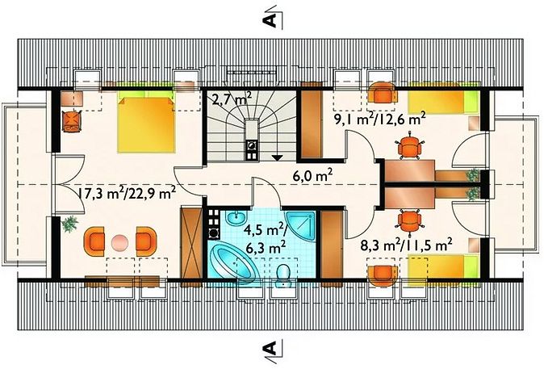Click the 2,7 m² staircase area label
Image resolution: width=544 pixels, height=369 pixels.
(232, 99)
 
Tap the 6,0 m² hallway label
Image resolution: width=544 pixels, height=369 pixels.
(313, 175)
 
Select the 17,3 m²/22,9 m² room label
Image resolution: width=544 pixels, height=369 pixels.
(127, 193)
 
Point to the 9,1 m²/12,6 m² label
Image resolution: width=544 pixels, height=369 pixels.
(380, 119)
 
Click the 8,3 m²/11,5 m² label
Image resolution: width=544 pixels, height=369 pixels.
(406, 246)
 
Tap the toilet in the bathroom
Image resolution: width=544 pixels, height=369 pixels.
(283, 275)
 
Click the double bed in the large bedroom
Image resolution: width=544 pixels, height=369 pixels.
(146, 124)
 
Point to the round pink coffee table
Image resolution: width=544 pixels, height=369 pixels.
(120, 242)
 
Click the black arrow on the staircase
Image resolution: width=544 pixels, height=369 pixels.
(277, 157)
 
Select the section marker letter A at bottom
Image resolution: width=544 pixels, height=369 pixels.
(270, 347)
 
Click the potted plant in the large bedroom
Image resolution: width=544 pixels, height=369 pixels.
(69, 224)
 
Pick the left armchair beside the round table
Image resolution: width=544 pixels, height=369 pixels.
(94, 241)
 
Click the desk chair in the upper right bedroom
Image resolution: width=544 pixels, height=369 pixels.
(410, 146)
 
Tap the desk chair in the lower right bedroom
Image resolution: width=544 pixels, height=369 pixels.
(410, 220)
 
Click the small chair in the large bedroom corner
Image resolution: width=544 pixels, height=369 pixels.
(72, 121)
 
